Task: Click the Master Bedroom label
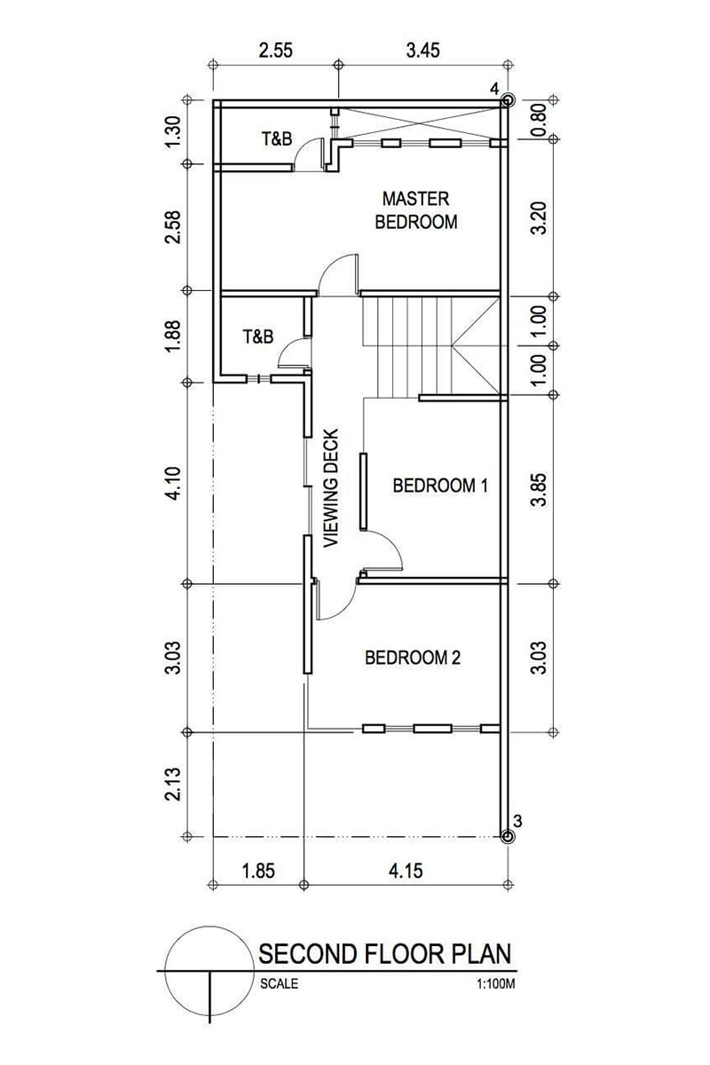point(416,210)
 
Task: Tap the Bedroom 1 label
point(440,485)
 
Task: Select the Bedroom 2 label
point(413,658)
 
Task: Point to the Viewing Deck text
point(330,488)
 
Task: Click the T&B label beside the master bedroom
point(277,138)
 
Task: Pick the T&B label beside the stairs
point(258,336)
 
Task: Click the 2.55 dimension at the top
point(275,50)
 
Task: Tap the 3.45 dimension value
point(422,50)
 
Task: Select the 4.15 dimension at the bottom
point(406,871)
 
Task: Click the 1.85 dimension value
point(258,871)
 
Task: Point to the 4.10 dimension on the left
point(174,483)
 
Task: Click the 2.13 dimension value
point(174,784)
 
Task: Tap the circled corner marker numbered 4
point(508,100)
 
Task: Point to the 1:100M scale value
point(496,983)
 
